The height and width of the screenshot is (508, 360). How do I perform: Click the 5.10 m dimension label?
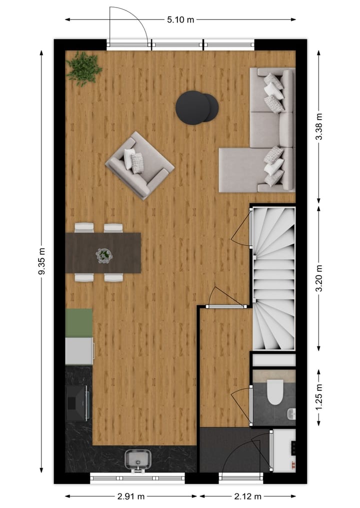[180, 20]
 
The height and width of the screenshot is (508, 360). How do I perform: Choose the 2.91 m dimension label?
[131, 497]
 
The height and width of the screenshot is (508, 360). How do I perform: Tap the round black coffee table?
[196, 107]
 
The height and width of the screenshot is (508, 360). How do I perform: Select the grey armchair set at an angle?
[139, 165]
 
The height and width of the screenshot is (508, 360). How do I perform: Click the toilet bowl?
[275, 392]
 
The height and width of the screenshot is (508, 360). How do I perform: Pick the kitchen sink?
[137, 459]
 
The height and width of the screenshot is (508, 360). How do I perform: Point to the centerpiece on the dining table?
[104, 255]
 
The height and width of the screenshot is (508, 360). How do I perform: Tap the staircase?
[273, 278]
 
